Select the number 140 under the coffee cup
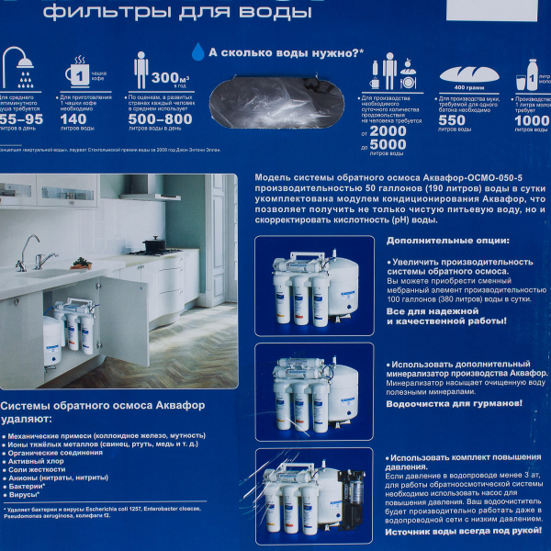pyautogui.click(x=73, y=118)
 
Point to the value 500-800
pyautogui.click(x=160, y=118)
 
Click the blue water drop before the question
pyautogui.click(x=197, y=53)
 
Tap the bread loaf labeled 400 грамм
pyautogui.click(x=468, y=74)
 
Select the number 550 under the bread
pyautogui.click(x=452, y=118)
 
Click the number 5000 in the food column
pyautogui.click(x=388, y=144)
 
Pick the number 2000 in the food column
pyautogui.click(x=388, y=130)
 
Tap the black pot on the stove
pyautogui.click(x=153, y=244)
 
